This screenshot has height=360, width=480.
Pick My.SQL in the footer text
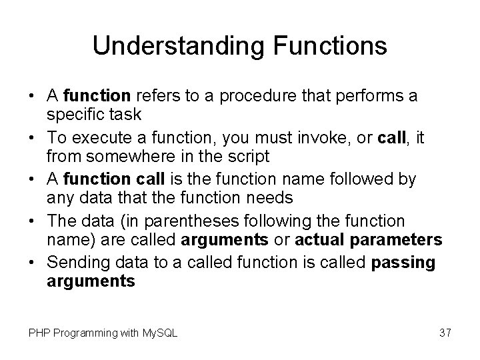161,332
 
